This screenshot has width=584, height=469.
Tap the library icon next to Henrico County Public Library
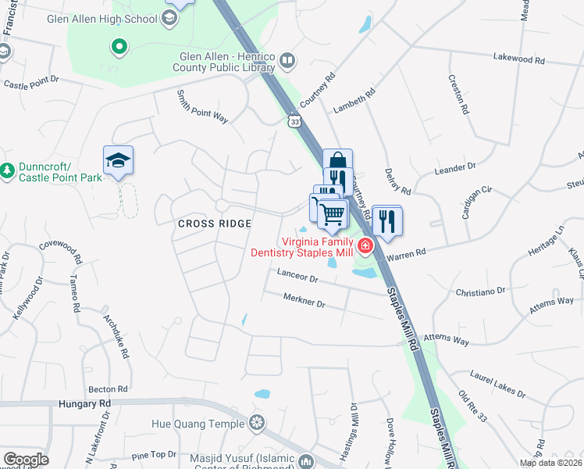point(287,61)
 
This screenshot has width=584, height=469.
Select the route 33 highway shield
point(294,121)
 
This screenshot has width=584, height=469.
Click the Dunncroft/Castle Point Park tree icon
point(8,170)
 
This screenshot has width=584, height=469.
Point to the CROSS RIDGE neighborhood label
point(215,224)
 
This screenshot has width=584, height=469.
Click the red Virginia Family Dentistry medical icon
point(365,247)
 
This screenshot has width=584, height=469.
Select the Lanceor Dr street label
point(298,277)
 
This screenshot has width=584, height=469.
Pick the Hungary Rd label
point(84,403)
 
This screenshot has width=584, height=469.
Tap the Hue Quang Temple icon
point(255,424)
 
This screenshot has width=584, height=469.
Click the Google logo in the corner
point(25,460)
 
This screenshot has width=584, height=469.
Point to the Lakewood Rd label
point(518,59)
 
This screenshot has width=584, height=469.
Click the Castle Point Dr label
point(33,82)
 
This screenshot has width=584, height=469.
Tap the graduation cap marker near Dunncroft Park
point(118,160)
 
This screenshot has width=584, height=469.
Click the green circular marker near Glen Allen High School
point(119,48)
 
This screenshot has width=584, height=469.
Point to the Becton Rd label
point(108,388)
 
